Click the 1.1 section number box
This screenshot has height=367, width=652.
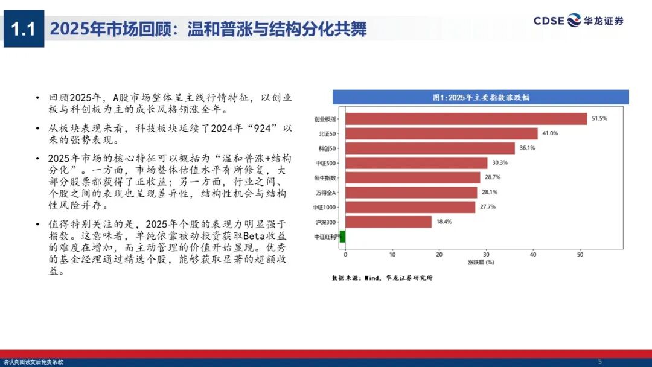24,28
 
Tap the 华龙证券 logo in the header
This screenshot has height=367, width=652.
578,21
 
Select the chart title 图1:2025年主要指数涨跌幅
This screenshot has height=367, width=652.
481,97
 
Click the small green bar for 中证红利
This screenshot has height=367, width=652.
342,237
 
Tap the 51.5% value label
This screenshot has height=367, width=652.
599,119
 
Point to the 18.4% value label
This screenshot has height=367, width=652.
444,222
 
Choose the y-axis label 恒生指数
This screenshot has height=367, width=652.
325,178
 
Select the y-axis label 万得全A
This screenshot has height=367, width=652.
326,193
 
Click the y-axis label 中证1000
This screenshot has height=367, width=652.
325,208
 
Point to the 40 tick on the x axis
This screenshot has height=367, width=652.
533,255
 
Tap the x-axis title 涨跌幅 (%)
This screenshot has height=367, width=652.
481,263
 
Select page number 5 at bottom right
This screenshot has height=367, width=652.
600,344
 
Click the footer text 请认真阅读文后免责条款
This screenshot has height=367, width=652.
33,362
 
